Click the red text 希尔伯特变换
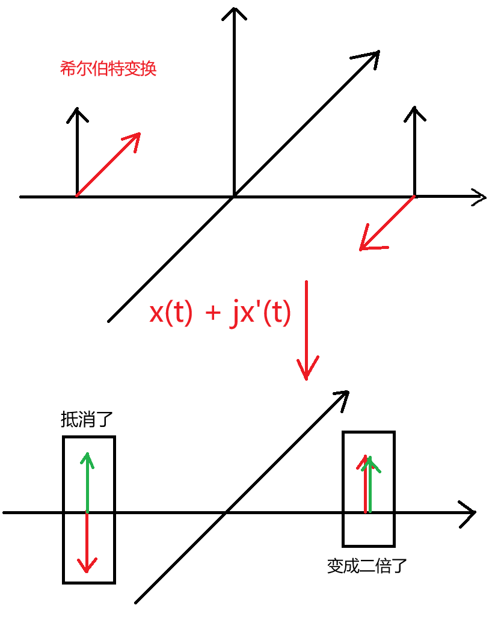pyautogui.click(x=108, y=69)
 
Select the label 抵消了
pyautogui.click(x=87, y=419)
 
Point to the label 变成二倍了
pyautogui.click(x=367, y=566)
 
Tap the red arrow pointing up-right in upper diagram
pyautogui.click(x=108, y=164)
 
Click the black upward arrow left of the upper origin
pyautogui.click(x=77, y=150)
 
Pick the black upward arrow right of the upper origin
pyautogui.click(x=414, y=150)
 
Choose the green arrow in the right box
pyautogui.click(x=369, y=484)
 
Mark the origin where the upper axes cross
pyautogui.click(x=234, y=196)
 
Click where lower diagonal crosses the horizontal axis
pyautogui.click(x=226, y=512)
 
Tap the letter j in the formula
pyautogui.click(x=235, y=314)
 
